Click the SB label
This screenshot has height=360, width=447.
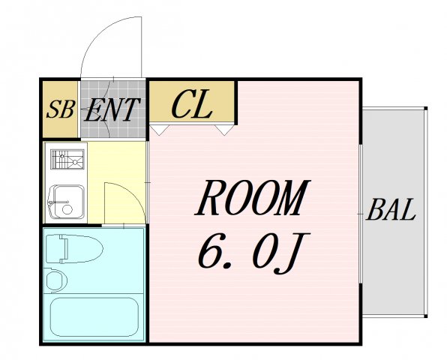61,109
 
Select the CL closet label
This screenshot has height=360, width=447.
191,104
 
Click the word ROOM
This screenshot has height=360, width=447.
253,197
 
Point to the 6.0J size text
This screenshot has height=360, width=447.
253,253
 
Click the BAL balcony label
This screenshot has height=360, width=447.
391,210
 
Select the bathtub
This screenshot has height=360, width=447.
94,317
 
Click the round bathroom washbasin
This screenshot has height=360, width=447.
55,280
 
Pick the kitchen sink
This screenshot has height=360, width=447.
67,202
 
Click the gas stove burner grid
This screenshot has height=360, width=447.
67,159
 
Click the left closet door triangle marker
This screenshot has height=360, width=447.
159,129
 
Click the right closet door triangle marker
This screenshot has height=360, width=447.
224,130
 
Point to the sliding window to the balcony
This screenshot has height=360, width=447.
360,214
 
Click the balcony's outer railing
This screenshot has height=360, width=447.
425,212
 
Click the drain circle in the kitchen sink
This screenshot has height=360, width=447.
67,209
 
